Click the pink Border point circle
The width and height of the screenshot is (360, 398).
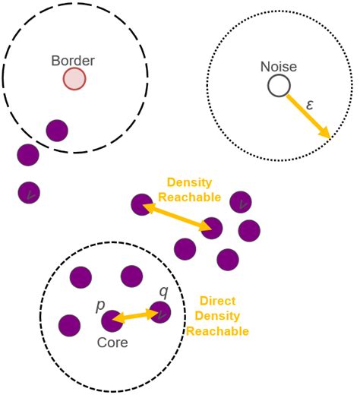click(74, 79)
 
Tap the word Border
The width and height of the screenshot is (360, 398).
click(73, 61)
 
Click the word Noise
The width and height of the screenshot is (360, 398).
click(279, 67)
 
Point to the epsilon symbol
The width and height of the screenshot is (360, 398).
click(309, 104)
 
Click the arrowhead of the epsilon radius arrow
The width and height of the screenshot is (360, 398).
click(326, 133)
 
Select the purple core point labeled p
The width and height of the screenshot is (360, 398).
click(112, 321)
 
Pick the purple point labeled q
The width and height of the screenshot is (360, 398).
click(160, 312)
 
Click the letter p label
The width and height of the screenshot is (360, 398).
click(100, 305)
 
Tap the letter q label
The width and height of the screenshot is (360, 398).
click(164, 292)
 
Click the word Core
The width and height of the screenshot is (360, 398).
click(112, 343)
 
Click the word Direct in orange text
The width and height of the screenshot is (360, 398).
click(217, 301)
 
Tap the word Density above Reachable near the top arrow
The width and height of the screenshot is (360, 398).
click(189, 182)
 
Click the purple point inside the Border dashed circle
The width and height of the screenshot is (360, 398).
click(57, 131)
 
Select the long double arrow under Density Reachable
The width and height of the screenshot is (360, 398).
click(177, 216)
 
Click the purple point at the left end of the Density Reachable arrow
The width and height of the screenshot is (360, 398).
click(142, 204)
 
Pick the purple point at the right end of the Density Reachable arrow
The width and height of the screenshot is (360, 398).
click(211, 228)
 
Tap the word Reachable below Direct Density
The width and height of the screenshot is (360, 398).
click(217, 331)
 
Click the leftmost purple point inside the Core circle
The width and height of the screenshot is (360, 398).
click(69, 325)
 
